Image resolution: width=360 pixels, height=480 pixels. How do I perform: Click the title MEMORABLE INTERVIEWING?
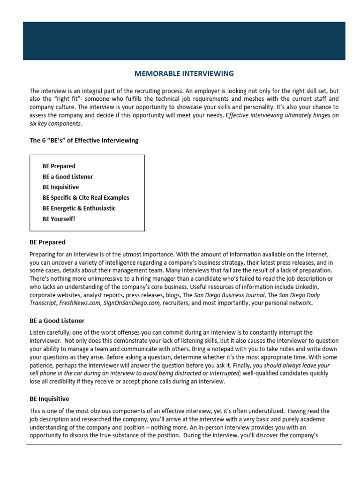tap(184, 74)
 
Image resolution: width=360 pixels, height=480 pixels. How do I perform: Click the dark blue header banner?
tap(184, 41)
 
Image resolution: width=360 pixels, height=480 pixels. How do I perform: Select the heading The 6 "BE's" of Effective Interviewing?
tap(84, 141)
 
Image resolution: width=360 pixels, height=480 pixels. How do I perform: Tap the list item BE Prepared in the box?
tap(59, 166)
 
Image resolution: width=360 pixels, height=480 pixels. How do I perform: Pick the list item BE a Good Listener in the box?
tap(67, 177)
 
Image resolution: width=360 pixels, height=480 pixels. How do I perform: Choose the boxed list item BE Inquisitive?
tap(60, 187)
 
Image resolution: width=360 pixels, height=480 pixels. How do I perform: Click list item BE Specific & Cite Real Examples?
tap(86, 197)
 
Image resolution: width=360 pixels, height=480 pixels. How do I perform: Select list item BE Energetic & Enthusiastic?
tap(79, 208)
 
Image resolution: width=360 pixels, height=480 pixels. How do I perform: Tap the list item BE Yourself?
tap(59, 218)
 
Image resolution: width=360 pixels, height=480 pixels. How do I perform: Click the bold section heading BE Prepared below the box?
tap(47, 242)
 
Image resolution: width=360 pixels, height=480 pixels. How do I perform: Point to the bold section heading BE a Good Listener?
tap(57, 321)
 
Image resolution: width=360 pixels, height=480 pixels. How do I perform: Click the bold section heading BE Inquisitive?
tap(49, 399)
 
